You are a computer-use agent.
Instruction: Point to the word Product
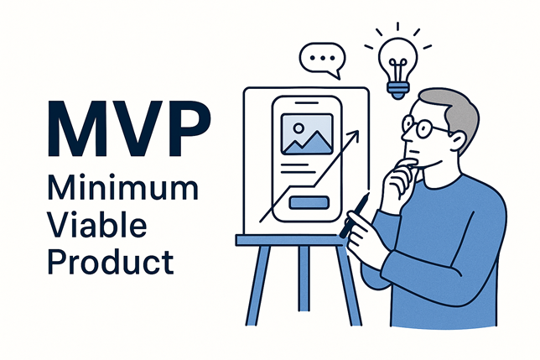tap(109, 261)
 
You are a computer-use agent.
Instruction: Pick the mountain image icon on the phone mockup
tap(304, 134)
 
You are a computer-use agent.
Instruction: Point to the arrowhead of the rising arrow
tap(356, 133)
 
